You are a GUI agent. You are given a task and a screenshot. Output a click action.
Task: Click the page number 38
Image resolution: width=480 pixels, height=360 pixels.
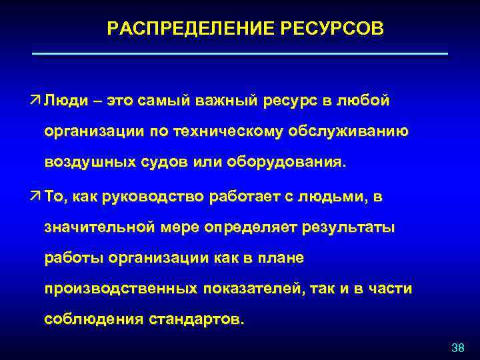point(457,348)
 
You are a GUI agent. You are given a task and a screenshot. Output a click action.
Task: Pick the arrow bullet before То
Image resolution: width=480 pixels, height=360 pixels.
point(35,197)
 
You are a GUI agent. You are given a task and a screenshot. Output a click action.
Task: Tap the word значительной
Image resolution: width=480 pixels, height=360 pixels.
point(101,228)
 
